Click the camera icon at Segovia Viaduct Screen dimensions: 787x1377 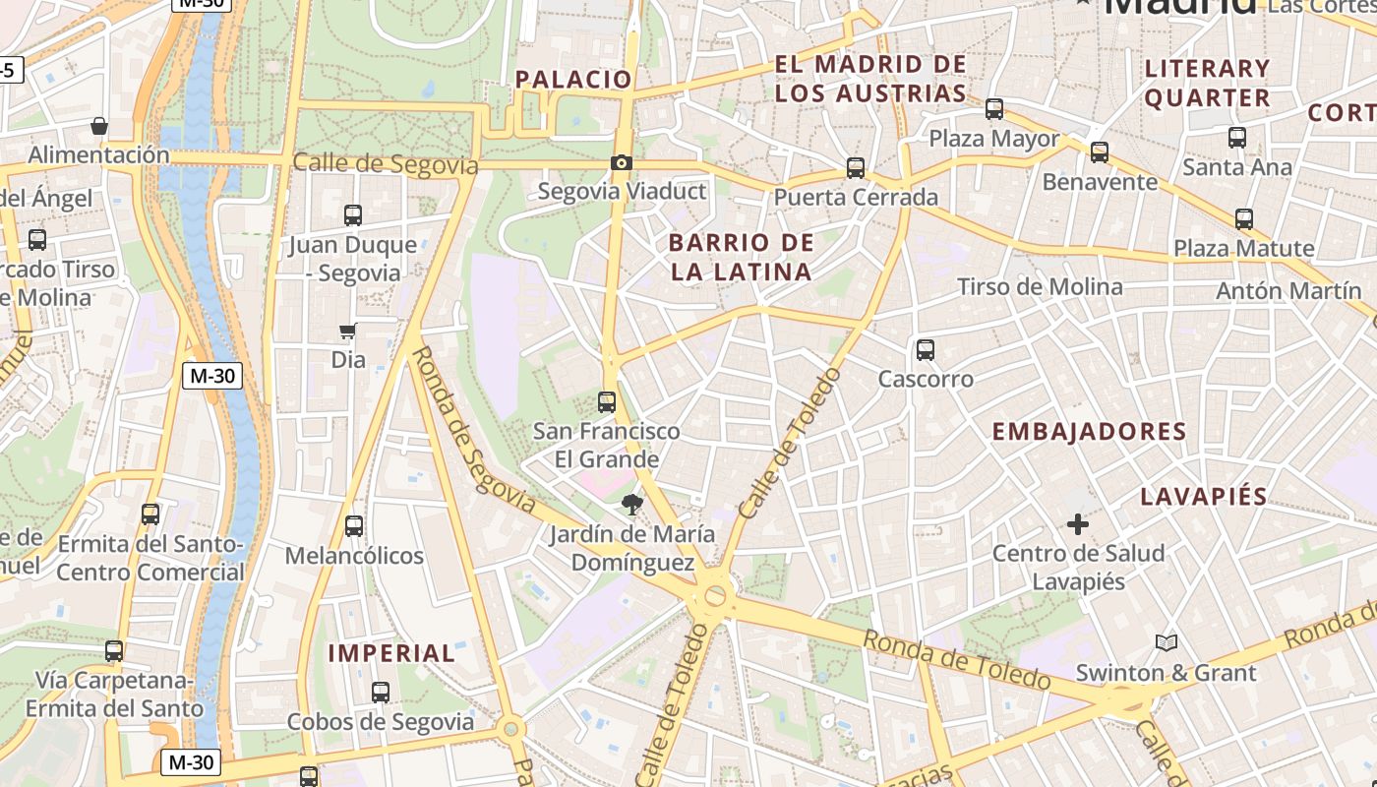pos(622,163)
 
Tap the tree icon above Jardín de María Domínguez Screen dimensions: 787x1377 pos(631,506)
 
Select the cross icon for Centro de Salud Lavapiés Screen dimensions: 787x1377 pos(1078,524)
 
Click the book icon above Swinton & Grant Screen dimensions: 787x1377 pos(1167,643)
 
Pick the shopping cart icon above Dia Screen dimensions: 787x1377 pos(347,332)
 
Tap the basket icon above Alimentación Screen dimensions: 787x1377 pos(99,126)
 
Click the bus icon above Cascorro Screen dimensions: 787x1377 pos(925,349)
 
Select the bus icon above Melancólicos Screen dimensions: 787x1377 pos(354,526)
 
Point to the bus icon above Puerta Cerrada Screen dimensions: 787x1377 pos(856,168)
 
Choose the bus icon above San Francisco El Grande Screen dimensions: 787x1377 pos(607,401)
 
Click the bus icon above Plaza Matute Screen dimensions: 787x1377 pos(1244,219)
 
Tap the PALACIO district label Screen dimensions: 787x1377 pos(573,80)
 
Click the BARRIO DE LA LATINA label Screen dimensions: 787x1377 pos(742,257)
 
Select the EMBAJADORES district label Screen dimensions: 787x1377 pos(1089,432)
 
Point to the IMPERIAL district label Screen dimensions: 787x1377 pos(391,653)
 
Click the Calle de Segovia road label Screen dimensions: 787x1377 pos(386,164)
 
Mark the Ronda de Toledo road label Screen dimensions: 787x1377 pos(957,660)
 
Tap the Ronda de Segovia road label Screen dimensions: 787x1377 pos(472,430)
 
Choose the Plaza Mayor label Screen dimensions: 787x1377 pos(993,139)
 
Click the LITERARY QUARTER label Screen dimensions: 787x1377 pos(1208,83)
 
